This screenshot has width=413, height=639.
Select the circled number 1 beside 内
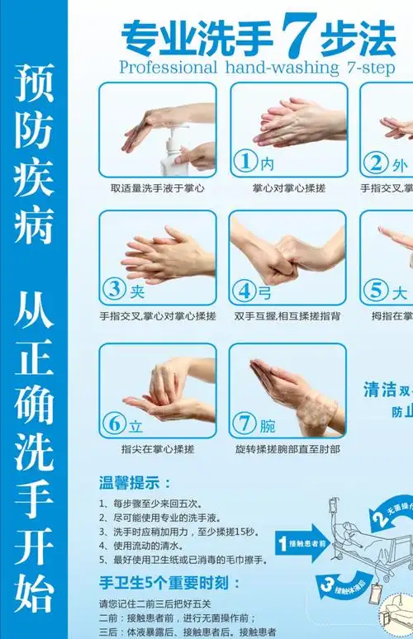pos(244,162)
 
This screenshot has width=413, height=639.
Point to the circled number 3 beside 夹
pos(114,290)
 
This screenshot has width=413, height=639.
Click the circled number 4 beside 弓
pos(244,290)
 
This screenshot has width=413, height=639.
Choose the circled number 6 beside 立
pos(114,424)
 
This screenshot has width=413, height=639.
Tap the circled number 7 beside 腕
pos(244,424)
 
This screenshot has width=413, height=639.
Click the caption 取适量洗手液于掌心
pos(158,188)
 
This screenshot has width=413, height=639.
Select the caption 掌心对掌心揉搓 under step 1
pos(289,188)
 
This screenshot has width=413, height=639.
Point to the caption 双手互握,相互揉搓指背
pos(287,316)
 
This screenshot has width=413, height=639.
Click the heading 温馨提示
pos(135,483)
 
